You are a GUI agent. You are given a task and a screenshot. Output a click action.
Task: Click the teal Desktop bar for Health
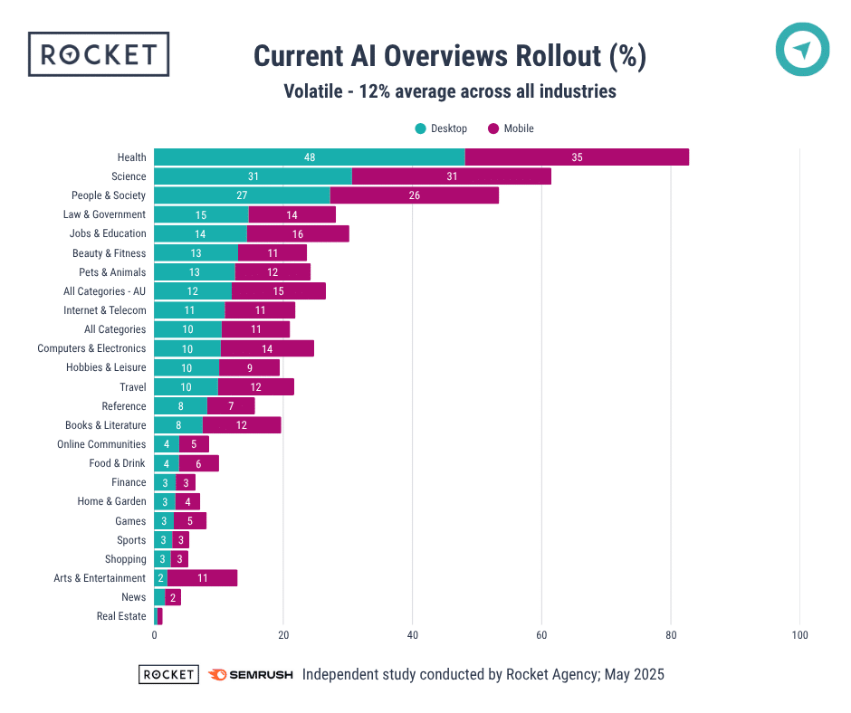[x=309, y=157]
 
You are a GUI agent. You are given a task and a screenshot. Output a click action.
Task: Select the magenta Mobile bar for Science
[x=451, y=176]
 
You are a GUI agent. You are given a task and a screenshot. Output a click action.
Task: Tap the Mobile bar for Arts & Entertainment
[x=202, y=578]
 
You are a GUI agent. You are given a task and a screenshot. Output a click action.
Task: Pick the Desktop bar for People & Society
[x=242, y=195]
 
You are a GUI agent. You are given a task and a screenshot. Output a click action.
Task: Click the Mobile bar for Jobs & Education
[x=298, y=233]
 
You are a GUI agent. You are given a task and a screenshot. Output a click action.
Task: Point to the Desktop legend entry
[x=441, y=128]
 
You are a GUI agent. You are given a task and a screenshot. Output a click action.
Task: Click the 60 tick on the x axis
[x=541, y=635]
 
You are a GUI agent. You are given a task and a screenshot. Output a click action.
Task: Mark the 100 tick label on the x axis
[x=800, y=635]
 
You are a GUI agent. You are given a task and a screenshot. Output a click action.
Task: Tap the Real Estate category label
[x=121, y=616]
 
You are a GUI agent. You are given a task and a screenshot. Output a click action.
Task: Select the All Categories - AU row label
[x=104, y=291]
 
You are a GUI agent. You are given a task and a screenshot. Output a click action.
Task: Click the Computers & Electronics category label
[x=91, y=348]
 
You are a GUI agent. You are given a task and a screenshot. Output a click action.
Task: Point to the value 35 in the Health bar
[x=577, y=157]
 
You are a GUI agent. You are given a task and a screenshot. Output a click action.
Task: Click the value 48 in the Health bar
[x=310, y=157]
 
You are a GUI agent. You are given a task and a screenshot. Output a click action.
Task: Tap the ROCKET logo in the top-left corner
[x=99, y=54]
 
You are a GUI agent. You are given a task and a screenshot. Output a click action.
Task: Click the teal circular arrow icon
[x=802, y=50]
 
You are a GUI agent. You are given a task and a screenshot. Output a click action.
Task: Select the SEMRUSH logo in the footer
[x=250, y=675]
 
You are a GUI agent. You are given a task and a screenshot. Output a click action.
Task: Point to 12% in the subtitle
[x=378, y=91]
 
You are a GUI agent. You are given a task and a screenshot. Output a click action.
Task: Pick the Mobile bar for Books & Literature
[x=242, y=425]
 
